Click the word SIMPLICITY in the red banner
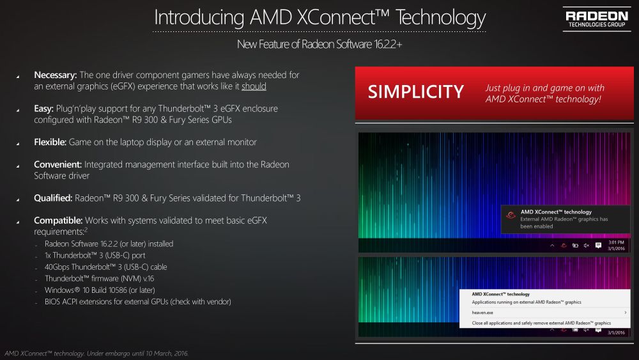pyautogui.click(x=415, y=92)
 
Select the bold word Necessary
pyautogui.click(x=55, y=75)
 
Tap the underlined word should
pyautogui.click(x=254, y=86)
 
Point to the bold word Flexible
pyautogui.click(x=49, y=141)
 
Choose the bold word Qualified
pyautogui.click(x=53, y=198)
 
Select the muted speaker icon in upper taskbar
pyautogui.click(x=587, y=246)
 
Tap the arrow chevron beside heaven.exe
pyautogui.click(x=624, y=313)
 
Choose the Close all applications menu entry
pyautogui.click(x=541, y=324)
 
